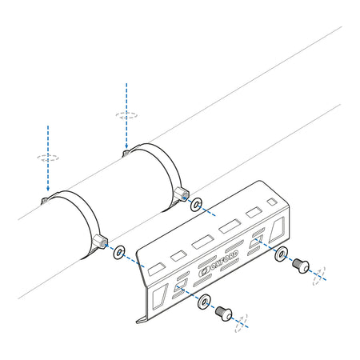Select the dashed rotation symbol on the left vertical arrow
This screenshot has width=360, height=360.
click(48, 158)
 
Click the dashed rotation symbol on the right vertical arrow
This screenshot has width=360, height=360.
click(126, 114)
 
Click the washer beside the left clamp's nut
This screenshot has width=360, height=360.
click(119, 252)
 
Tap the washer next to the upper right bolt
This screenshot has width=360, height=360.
click(281, 254)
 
